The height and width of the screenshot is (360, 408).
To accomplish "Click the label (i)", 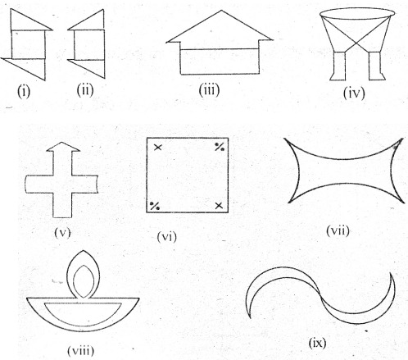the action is coord(24,92).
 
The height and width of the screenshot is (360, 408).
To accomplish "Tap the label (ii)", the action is coord(85,90).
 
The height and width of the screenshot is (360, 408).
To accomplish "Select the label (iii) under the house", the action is coord(209,89).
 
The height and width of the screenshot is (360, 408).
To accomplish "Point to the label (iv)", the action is coord(354,93).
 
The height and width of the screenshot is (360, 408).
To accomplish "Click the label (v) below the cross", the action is coord(62,233).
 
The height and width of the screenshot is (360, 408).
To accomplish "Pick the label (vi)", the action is coord(167,236).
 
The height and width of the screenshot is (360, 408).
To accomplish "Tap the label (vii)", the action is coord(338,231).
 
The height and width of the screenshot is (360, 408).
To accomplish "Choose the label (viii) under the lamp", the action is coord(81,350).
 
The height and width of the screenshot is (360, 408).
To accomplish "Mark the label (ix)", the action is coord(317,343).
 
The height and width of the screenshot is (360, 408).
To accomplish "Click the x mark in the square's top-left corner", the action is coord(158,148).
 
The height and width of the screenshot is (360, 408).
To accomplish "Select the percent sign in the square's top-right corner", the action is coord(220,147).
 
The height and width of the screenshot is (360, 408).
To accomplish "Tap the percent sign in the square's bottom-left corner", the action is coord(155,206).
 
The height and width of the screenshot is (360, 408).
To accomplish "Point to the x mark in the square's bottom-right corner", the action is coord(219,206).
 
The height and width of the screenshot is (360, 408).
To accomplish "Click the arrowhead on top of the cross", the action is coord(63,147).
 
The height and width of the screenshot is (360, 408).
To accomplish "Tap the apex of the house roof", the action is coord(221,11).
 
